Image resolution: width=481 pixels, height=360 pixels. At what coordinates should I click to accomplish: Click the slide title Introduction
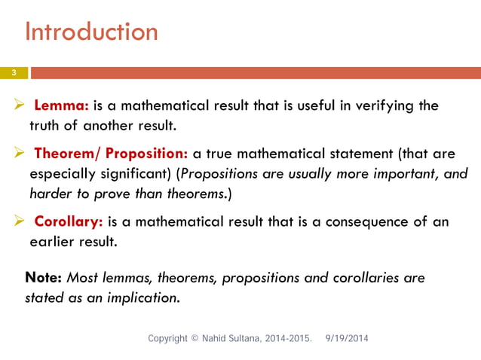[x=91, y=32]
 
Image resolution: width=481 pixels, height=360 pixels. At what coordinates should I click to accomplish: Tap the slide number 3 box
[x=14, y=72]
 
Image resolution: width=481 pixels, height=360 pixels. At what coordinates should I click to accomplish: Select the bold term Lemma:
[x=62, y=105]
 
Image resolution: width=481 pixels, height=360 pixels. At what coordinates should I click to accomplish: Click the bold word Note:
[x=44, y=277]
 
